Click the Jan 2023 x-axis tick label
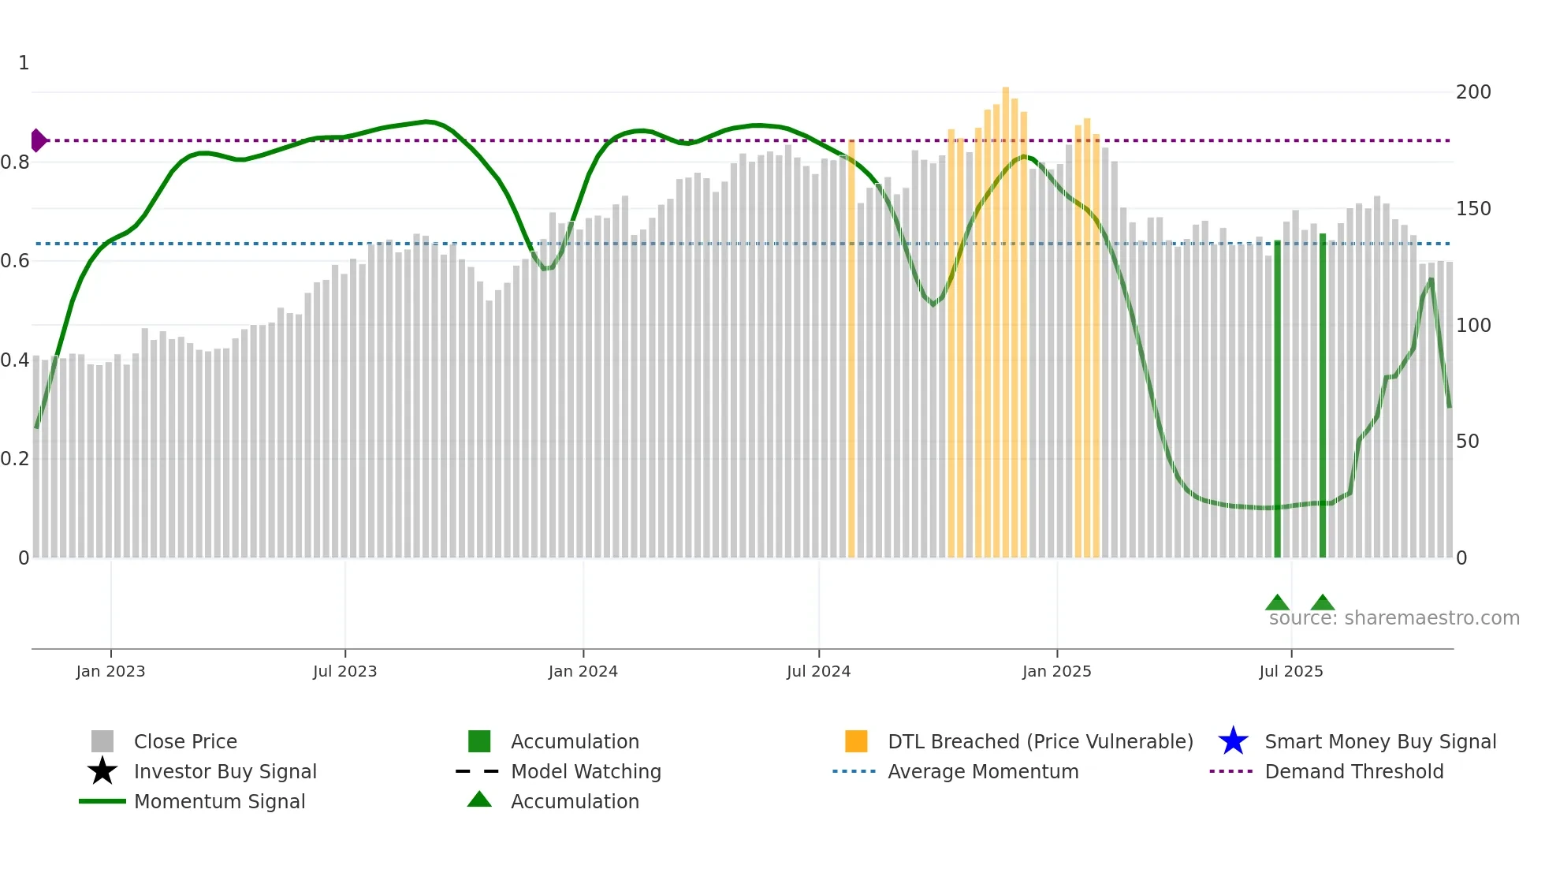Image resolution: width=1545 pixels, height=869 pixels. tap(110, 671)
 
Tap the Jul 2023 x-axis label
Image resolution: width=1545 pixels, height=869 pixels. tap(344, 671)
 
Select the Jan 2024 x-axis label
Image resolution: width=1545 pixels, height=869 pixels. tap(583, 671)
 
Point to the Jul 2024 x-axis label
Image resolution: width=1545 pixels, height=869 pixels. tap(818, 671)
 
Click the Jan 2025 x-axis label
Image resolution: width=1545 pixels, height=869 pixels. tap(1056, 671)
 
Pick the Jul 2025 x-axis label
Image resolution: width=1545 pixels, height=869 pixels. tap(1290, 671)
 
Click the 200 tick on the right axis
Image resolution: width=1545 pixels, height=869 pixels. tap(1472, 92)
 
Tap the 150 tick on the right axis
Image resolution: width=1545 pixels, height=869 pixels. tap(1472, 209)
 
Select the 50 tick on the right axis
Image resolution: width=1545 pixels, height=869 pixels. tap(1467, 442)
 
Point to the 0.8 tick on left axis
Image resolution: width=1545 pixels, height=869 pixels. tap(15, 162)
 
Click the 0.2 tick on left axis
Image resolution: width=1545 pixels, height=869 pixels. tap(15, 459)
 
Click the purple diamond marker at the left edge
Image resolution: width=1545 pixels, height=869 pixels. tap(38, 140)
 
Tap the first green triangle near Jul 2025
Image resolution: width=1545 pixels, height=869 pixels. tap(1277, 603)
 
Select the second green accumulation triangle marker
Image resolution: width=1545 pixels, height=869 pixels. tap(1323, 603)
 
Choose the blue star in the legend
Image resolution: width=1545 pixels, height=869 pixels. tap(1233, 741)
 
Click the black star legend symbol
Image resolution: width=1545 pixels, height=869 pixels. tap(102, 771)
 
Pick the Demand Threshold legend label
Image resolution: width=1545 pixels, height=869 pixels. tap(1353, 771)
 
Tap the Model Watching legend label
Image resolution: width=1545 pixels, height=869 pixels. tap(586, 771)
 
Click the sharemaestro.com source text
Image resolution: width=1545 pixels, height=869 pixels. tap(1394, 618)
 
